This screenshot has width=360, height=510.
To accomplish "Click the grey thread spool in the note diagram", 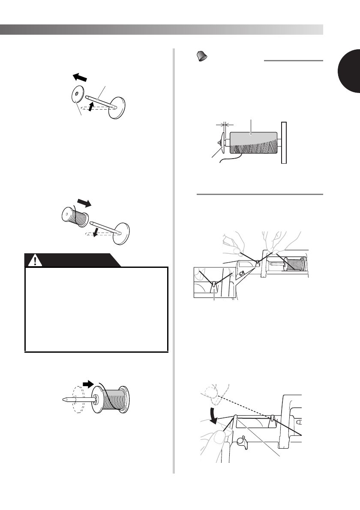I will click(253, 143).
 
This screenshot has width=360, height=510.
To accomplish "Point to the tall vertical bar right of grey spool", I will click(283, 143).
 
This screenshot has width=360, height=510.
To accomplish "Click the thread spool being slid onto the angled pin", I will click(76, 215).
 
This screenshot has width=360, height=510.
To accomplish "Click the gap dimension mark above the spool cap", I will click(223, 126).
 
